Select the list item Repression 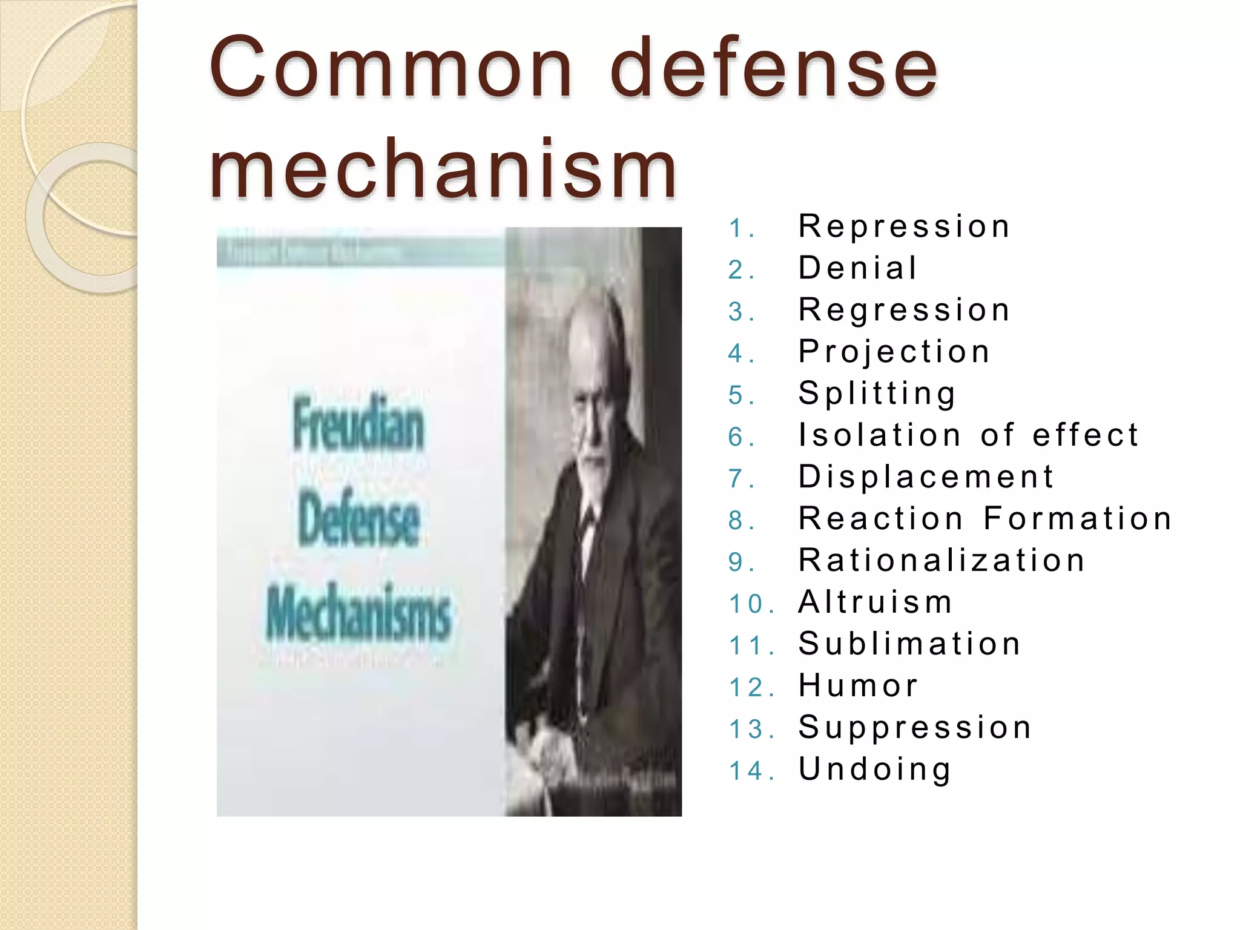click(904, 226)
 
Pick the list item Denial click(858, 268)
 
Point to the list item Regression click(904, 310)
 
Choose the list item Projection click(894, 352)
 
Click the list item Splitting click(877, 394)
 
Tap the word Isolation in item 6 click(880, 435)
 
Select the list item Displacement click(926, 477)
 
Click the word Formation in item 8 click(1078, 519)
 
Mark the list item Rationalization click(942, 561)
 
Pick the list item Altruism click(876, 602)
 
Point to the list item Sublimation click(909, 644)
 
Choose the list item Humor click(858, 686)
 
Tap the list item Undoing click(875, 770)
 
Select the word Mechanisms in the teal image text click(358, 613)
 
